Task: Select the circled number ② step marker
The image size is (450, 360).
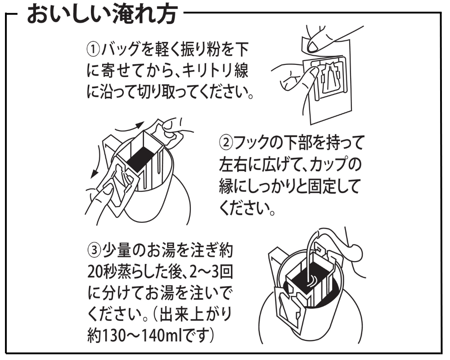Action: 225,144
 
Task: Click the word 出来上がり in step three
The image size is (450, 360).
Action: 202,315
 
